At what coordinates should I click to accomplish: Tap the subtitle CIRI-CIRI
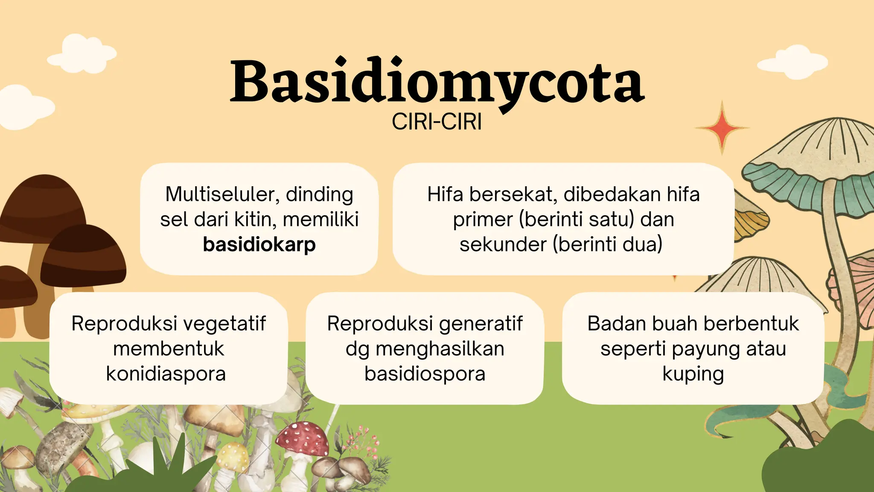[x=437, y=122]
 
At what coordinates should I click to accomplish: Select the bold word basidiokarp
[x=259, y=245]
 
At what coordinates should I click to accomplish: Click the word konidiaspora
[x=166, y=374]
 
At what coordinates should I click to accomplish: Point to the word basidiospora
[x=425, y=374]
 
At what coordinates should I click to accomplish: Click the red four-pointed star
[x=722, y=127]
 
